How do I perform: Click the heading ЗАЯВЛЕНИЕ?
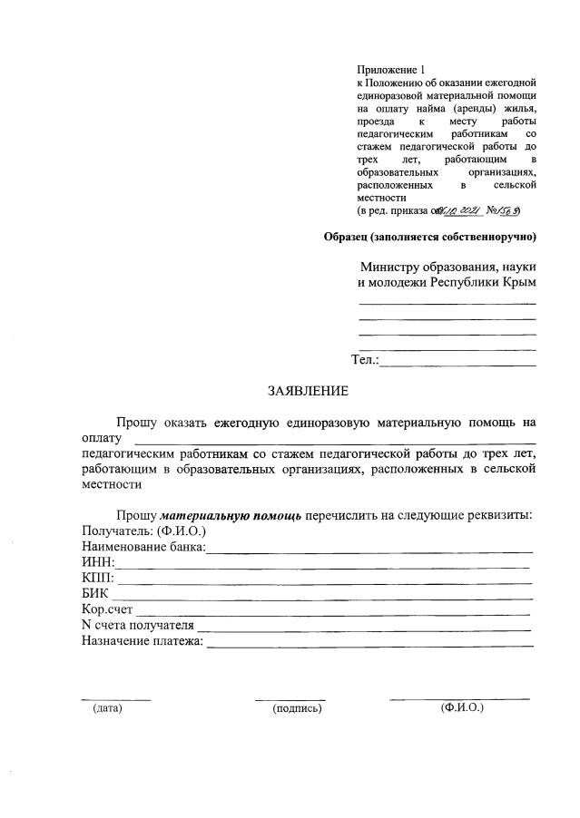307,391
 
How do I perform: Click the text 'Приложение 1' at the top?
390,70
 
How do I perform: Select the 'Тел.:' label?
365,360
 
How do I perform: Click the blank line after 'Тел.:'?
458,364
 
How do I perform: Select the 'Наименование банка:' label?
143,547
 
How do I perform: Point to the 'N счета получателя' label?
137,626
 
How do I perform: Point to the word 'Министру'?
391,267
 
